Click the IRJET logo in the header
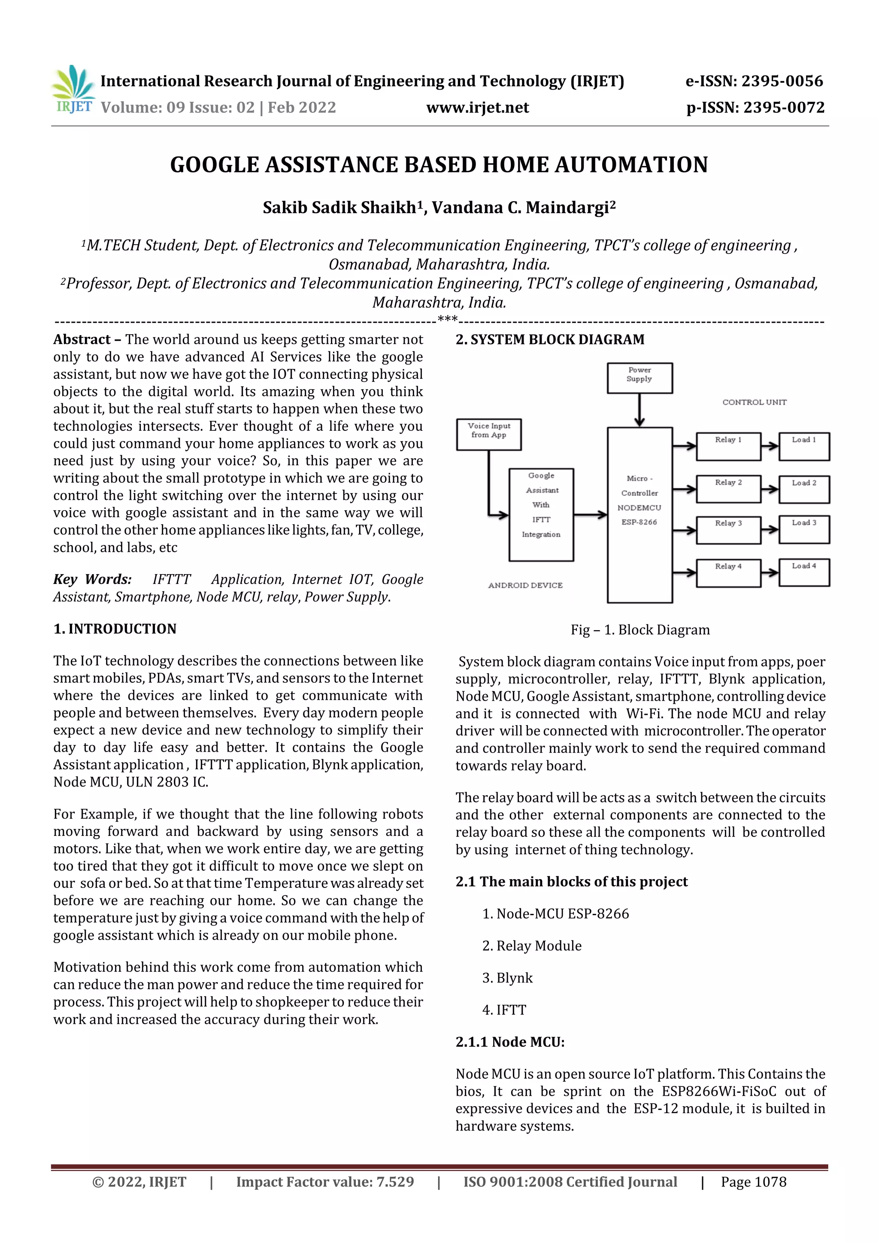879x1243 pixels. coord(73,89)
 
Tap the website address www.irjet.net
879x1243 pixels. coord(477,108)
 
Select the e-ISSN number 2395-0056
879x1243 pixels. coord(754,81)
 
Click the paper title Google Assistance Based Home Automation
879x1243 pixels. coord(439,165)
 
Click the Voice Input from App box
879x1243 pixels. coord(488,434)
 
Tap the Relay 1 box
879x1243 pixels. coord(728,446)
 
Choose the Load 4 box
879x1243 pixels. coord(804,572)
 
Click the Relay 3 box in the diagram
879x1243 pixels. coord(728,529)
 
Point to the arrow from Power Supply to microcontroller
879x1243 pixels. coord(640,410)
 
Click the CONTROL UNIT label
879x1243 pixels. coord(754,402)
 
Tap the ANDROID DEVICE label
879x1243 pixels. coord(525,585)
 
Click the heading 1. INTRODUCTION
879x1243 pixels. coord(115,629)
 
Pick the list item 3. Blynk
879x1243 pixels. coord(507,978)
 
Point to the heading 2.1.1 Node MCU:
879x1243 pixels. coord(509,1042)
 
